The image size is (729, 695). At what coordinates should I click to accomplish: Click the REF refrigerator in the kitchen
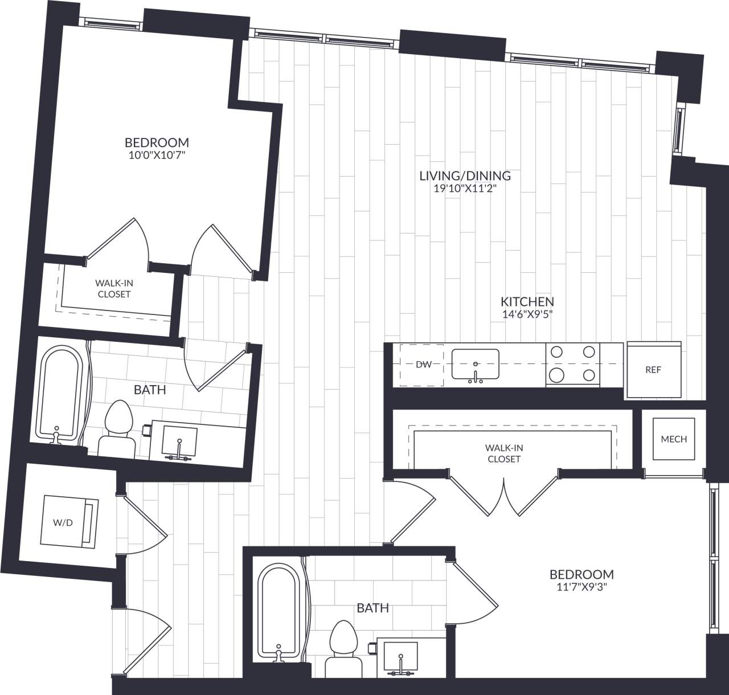click(x=654, y=370)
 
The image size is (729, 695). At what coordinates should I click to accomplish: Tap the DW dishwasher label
click(x=423, y=365)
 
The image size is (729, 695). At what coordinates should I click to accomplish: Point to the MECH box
click(x=674, y=439)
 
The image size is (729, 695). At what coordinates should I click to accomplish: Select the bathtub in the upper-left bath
click(x=57, y=393)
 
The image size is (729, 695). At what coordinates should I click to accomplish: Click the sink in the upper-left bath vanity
click(x=179, y=441)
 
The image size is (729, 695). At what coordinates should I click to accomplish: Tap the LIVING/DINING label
click(x=465, y=175)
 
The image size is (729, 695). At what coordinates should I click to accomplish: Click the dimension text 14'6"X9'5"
click(x=527, y=313)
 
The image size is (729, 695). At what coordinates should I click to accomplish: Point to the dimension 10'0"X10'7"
click(x=157, y=154)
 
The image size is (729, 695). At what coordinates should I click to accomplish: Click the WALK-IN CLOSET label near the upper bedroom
click(x=114, y=288)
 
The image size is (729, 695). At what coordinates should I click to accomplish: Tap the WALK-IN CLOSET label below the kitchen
click(x=504, y=453)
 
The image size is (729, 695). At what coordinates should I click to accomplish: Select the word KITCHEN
click(x=527, y=301)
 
